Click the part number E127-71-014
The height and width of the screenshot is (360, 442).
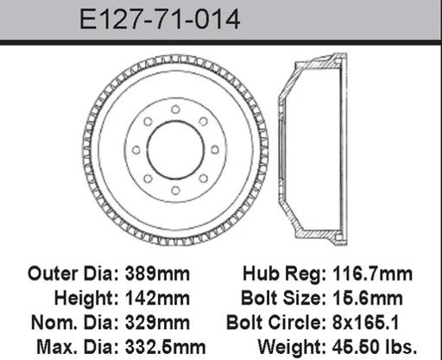160,19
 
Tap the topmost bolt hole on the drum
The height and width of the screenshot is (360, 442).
175,110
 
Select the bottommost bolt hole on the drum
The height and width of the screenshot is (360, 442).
175,190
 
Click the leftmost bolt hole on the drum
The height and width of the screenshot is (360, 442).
136,150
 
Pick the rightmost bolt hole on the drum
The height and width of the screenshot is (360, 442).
215,149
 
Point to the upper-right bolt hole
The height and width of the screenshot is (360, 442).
204,122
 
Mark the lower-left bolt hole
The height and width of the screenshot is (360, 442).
148,179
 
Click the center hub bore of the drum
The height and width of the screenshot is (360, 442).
175,150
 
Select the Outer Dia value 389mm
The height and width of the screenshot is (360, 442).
157,274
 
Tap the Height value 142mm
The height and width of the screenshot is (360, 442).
157,298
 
